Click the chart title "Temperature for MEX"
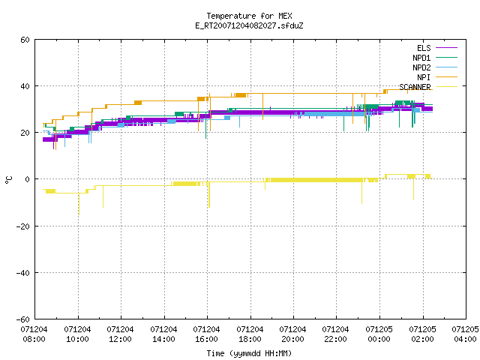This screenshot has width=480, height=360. coord(249,16)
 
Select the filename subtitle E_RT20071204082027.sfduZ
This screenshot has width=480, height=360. coord(249,25)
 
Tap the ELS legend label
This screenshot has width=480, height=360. coord(424,48)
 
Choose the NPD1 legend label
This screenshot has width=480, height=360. coord(421,58)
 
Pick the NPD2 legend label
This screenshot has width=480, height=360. coord(421,67)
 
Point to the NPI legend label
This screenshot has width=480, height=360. coord(424,77)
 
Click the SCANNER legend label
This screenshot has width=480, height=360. coord(415,87)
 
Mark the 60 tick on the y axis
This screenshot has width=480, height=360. coord(25,40)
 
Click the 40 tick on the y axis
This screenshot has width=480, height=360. coord(25,86)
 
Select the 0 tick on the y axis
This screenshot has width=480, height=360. coord(28,179)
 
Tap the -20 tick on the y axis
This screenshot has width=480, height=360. coord(23,226)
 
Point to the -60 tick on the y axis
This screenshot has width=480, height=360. coord(23,319)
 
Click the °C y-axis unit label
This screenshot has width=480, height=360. coord(8,180)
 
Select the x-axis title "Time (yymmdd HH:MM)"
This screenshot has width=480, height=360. coord(249,353)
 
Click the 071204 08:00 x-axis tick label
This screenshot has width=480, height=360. coord(34,334)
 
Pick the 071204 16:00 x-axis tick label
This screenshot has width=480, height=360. coord(207,334)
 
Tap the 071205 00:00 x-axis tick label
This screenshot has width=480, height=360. coord(379,334)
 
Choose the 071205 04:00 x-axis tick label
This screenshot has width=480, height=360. coord(465,334)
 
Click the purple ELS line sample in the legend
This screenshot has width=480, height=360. coord(447,48)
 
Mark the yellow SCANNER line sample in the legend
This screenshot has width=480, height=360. coord(447,87)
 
